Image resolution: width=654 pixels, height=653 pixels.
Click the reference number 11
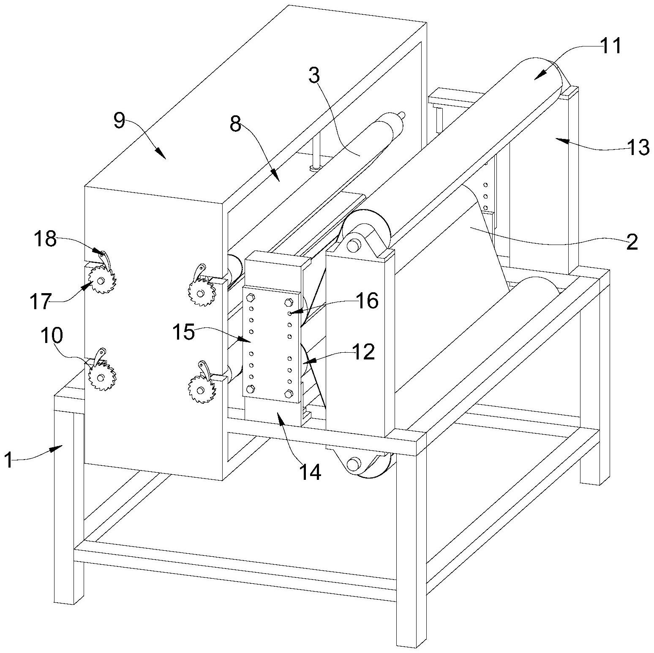tap(611, 46)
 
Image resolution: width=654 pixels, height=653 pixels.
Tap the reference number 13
tap(638, 147)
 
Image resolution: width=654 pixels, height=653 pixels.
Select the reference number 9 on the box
tap(119, 122)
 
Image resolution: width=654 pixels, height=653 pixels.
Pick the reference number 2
tap(632, 243)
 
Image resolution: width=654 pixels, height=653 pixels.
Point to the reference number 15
tap(183, 332)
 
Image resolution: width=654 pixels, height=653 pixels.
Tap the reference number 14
tap(310, 472)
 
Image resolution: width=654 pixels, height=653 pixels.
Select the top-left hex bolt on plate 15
tap(249, 297)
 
